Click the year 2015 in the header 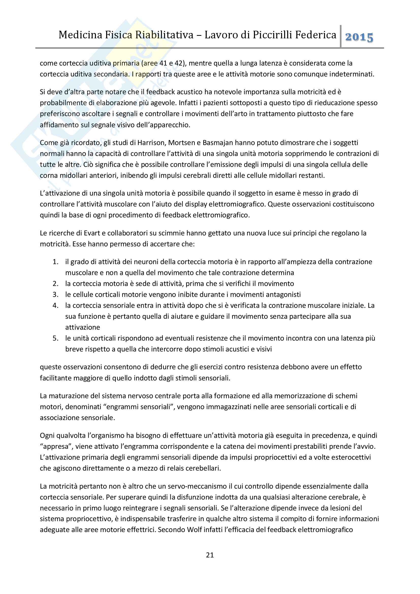coord(359,37)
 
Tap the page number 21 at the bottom coord(210,555)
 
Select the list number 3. coord(55,294)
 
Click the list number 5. coord(55,338)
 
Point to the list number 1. coord(55,262)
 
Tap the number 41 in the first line coord(163,63)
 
